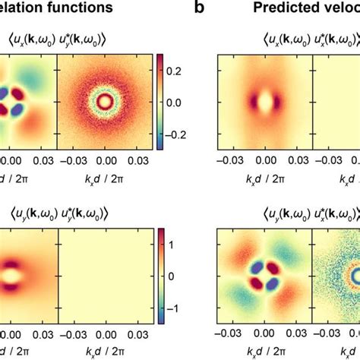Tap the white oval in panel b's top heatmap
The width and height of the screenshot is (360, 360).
[265, 102]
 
